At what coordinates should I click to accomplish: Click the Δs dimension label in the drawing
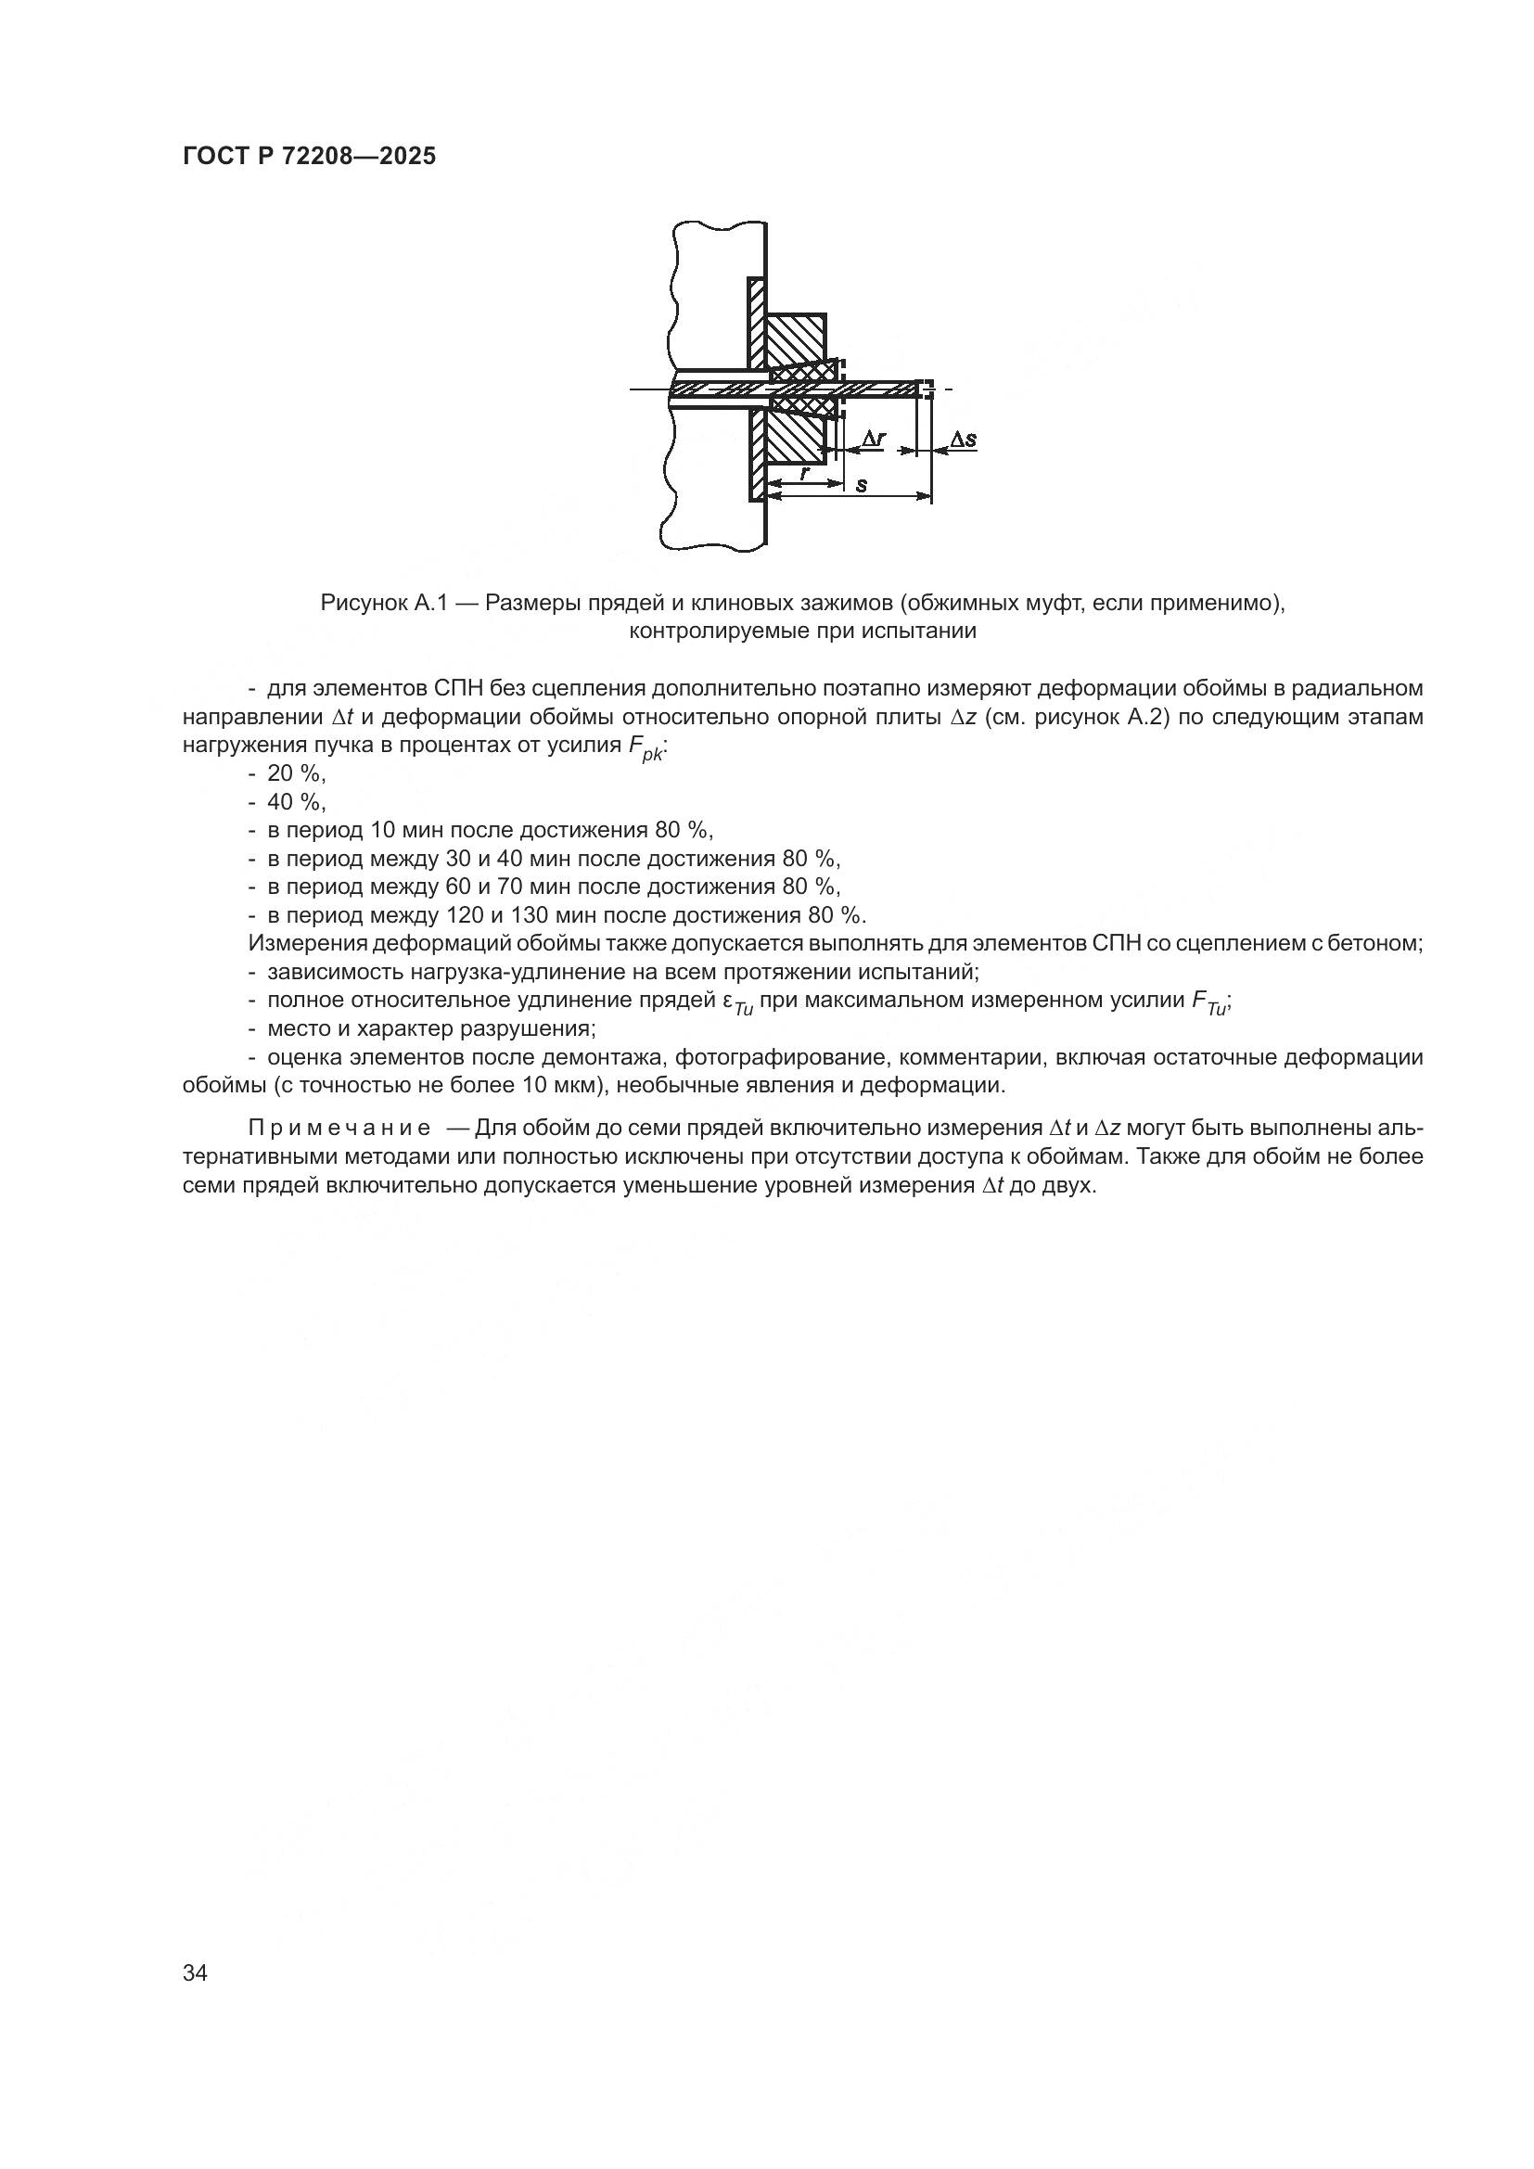[x=963, y=440]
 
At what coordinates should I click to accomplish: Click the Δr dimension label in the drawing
[x=874, y=439]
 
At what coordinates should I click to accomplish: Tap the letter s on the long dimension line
[x=862, y=486]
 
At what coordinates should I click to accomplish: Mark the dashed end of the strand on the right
[x=928, y=388]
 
